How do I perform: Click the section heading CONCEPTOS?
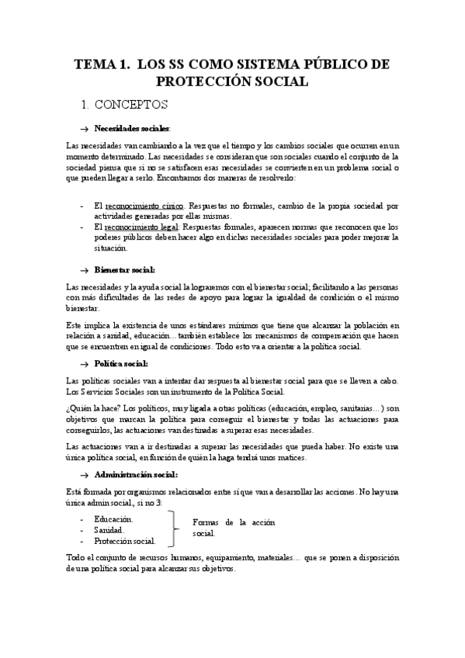coord(134,103)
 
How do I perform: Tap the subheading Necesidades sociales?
coord(131,127)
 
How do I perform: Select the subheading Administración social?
coord(136,474)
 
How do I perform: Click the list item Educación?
coord(113,518)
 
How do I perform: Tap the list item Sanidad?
coord(109,529)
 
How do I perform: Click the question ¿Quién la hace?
coord(95,407)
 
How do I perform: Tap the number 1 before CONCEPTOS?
coord(85,103)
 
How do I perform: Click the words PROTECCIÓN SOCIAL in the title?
coord(232,81)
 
